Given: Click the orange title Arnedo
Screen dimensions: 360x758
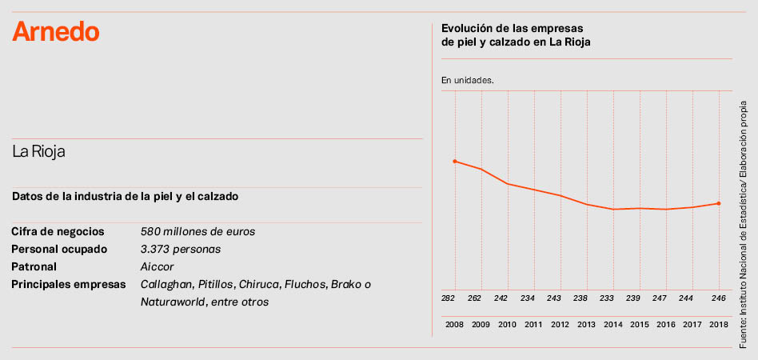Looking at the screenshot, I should point(56,32).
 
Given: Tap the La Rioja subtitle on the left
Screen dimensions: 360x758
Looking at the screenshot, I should point(38,152).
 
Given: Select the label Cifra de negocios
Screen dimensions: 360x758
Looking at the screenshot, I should point(58,231).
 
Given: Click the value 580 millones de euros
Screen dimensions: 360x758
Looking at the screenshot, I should point(197,231).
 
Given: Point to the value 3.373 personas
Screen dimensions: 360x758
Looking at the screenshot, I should point(181,249).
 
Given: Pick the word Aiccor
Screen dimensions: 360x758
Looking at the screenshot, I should point(158,266).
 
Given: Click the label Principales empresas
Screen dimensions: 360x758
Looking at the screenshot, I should point(69,284).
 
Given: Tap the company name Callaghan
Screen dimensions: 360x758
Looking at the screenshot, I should point(166,284).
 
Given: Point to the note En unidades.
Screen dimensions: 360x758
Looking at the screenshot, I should point(468,80).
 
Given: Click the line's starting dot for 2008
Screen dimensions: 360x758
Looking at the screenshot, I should point(455,162).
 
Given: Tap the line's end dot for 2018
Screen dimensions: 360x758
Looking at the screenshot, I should point(719,203).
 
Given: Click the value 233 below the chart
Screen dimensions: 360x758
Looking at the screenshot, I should point(607,298).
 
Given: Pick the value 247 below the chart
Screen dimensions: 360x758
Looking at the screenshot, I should point(660,298).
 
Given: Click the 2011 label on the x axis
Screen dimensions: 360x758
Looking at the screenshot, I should point(533,325).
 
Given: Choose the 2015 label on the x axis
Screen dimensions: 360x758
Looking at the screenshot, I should point(639,325).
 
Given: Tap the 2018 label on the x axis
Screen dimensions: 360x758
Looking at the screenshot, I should point(718,325).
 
